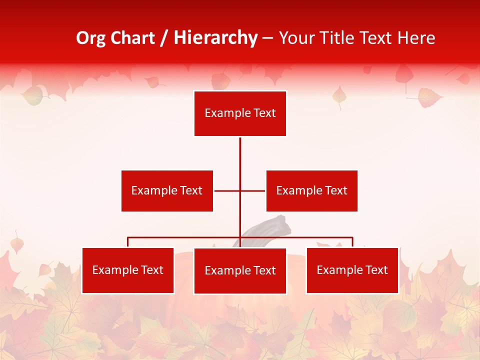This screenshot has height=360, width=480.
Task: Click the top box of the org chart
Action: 240,113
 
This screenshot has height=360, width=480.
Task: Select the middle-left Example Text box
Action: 167,190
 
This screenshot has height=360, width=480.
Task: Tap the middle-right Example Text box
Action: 311,190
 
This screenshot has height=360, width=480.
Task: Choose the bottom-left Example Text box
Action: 128,270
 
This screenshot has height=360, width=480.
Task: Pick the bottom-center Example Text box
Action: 240,271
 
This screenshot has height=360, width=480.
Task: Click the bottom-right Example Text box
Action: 352,270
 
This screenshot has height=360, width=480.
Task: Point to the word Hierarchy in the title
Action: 215,38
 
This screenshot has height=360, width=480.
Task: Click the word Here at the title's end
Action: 416,38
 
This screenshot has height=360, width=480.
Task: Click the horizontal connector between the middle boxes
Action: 227,190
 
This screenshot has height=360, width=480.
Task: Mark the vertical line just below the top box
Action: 240,150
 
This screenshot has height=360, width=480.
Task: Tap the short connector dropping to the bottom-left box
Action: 128,242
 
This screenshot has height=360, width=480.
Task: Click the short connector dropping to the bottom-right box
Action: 352,242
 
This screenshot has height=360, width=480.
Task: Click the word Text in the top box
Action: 264,113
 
